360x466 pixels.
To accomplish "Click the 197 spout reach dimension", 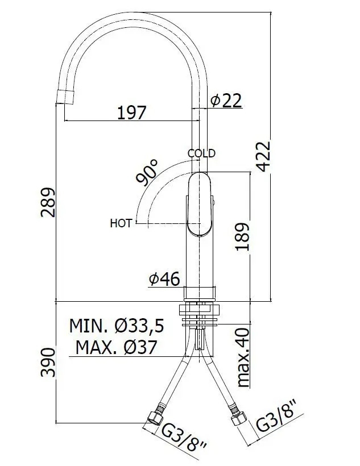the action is click(x=132, y=113).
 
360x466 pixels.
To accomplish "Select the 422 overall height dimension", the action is click(x=263, y=156).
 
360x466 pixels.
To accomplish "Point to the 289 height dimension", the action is click(x=48, y=202).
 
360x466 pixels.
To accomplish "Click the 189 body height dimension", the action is click(x=242, y=236).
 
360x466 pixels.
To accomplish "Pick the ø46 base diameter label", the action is click(x=164, y=279).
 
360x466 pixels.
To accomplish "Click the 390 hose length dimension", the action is click(x=48, y=362).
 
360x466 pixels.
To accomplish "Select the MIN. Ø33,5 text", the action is click(x=117, y=326).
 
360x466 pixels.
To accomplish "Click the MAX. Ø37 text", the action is click(x=116, y=347).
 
